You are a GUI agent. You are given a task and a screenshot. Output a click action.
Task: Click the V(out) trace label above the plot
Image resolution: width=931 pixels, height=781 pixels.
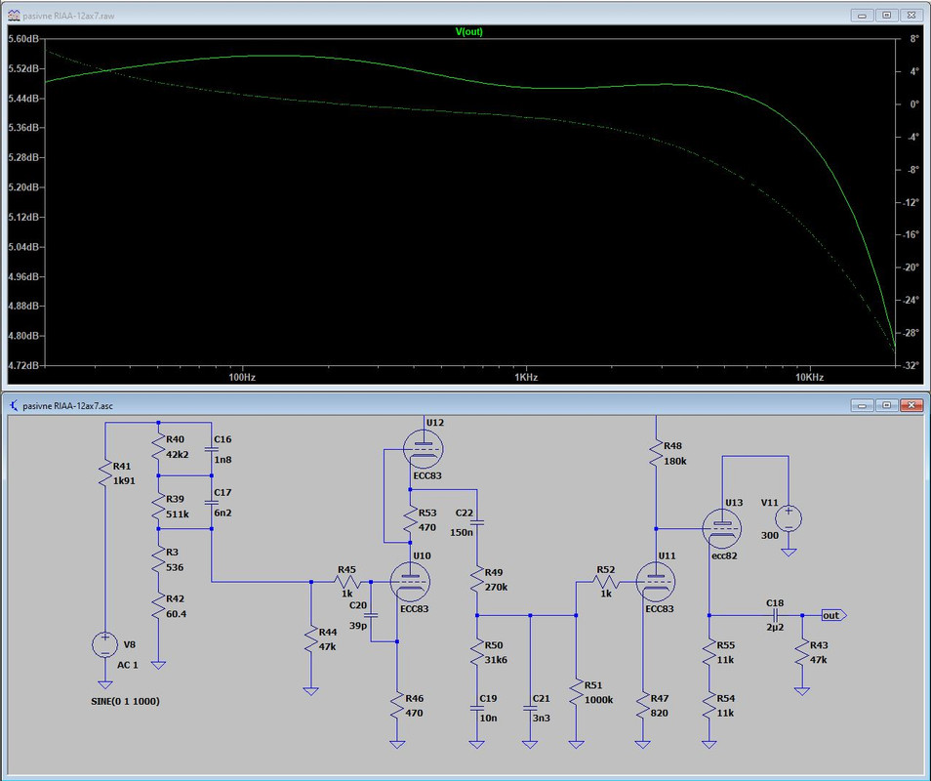(469, 31)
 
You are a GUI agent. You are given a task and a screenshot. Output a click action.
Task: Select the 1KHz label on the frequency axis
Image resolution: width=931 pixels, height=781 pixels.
(526, 377)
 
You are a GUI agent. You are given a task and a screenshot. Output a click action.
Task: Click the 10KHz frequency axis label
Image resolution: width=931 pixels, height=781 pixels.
(809, 377)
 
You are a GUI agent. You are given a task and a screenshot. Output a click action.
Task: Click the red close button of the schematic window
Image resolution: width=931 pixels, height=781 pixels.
(911, 405)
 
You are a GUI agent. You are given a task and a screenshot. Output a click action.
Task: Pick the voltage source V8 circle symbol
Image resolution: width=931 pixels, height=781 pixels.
(105, 645)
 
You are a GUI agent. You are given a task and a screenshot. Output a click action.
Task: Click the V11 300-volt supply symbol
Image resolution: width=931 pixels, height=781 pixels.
(789, 517)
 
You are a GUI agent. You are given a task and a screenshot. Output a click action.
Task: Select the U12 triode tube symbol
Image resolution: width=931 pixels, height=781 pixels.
(423, 448)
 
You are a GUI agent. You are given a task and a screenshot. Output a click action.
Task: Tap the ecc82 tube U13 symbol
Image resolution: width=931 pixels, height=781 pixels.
(722, 528)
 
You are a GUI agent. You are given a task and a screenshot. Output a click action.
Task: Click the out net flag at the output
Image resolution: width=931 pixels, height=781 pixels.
(833, 615)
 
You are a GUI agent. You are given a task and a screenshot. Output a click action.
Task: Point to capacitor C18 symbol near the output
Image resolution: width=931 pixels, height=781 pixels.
(775, 615)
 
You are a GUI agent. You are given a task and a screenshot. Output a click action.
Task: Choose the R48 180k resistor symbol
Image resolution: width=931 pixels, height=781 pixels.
(656, 453)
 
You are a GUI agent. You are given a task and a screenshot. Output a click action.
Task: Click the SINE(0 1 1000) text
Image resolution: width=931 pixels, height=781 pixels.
(125, 701)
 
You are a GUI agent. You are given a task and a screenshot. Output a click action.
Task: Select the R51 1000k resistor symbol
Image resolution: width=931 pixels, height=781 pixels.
(576, 692)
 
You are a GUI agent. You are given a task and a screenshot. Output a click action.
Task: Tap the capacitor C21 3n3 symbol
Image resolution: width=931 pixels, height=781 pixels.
(530, 708)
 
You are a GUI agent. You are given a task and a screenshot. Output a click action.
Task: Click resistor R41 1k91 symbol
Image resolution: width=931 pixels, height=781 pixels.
(105, 473)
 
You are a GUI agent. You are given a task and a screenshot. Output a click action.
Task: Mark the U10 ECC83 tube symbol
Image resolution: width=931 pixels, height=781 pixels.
(410, 582)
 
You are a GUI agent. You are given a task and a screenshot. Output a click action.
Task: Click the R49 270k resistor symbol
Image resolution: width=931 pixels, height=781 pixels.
(477, 580)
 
